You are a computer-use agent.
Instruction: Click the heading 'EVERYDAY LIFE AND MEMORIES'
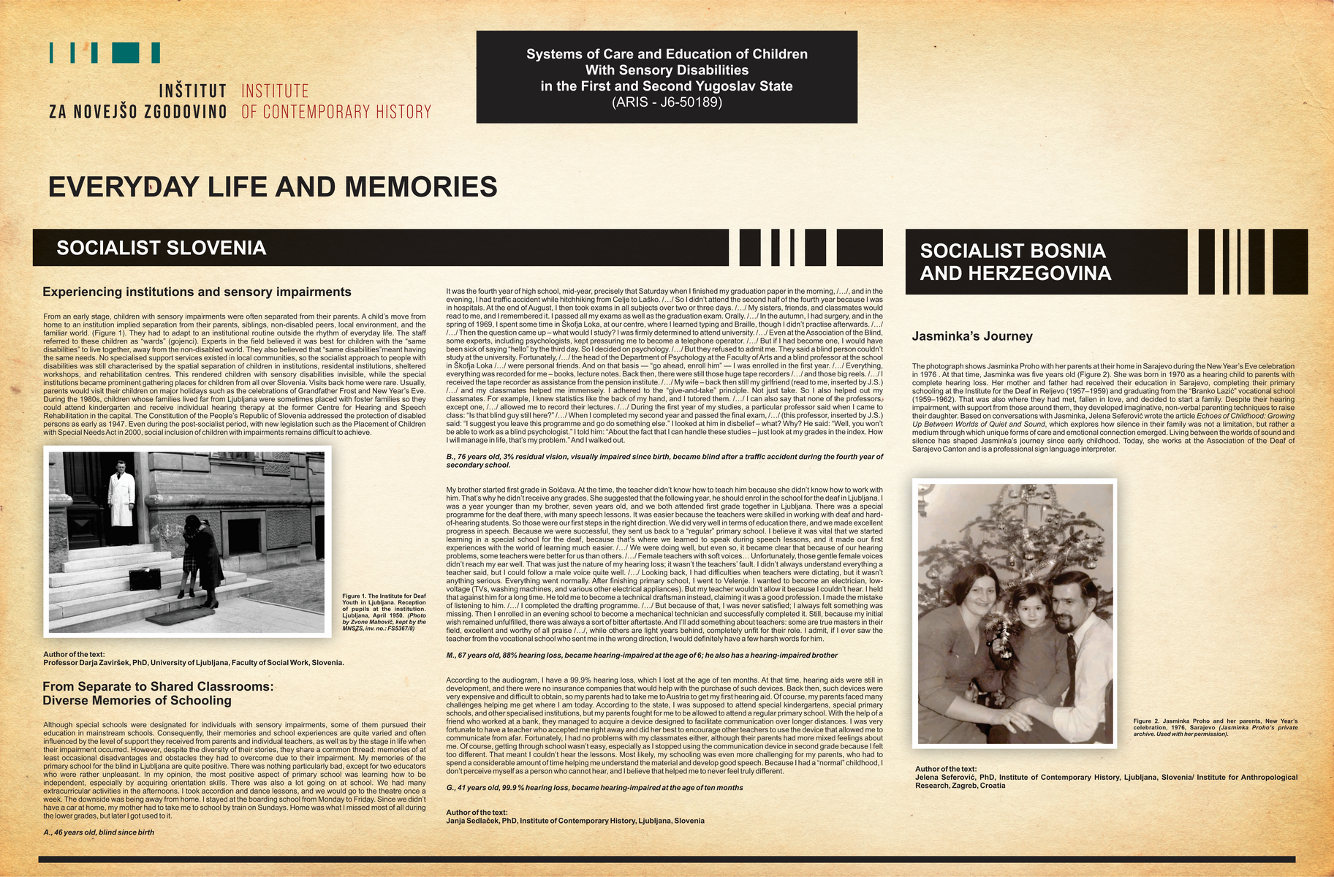pyautogui.click(x=272, y=187)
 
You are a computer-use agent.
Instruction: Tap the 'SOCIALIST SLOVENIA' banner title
pyautogui.click(x=161, y=248)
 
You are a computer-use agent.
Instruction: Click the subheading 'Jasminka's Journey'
pyautogui.click(x=971, y=336)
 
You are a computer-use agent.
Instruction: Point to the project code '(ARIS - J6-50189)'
pyautogui.click(x=666, y=102)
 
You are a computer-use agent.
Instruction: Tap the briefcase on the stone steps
pyautogui.click(x=150, y=580)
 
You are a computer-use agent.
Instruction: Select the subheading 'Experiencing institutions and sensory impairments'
pyautogui.click(x=197, y=292)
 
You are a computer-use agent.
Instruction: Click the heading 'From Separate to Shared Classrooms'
pyautogui.click(x=158, y=686)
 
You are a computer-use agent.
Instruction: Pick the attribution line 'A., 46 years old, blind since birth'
pyautogui.click(x=99, y=832)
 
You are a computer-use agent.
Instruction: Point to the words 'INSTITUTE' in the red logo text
pyautogui.click(x=275, y=91)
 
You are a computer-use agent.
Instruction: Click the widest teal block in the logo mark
pyautogui.click(x=126, y=52)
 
